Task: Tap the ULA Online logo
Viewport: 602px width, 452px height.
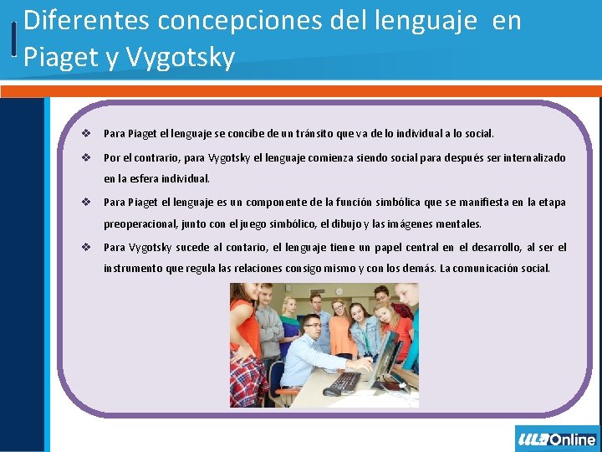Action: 557,439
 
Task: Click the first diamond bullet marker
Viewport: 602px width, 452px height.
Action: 86,133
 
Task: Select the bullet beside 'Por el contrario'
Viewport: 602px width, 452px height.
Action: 86,157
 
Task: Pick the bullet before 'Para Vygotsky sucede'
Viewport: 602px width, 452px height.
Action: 86,247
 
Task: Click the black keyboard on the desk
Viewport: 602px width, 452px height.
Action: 344,382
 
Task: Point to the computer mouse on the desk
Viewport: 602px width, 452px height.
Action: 331,391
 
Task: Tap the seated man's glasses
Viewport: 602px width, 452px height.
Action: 313,325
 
